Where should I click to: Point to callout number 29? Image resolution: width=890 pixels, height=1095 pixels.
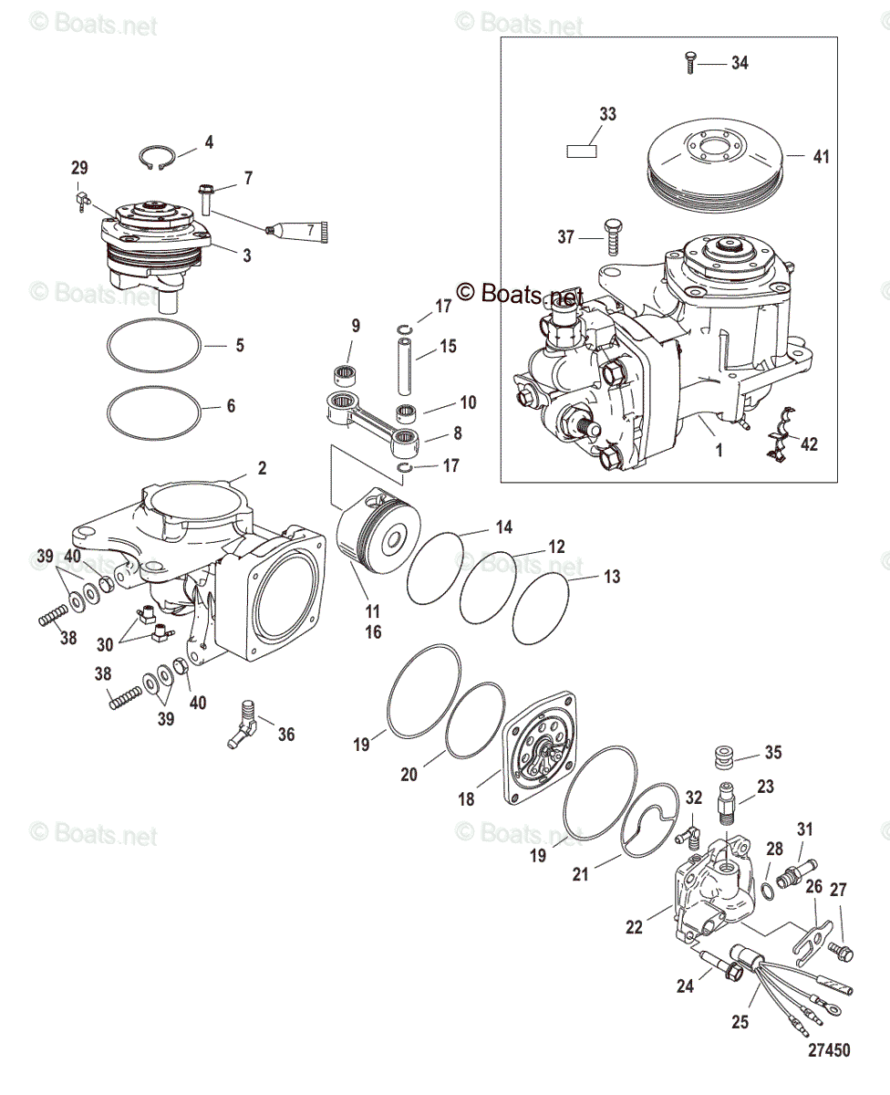80,168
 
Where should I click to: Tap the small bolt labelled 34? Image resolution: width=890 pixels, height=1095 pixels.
689,64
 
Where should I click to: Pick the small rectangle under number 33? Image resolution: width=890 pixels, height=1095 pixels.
582,151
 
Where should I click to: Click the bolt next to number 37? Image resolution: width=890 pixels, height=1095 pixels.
610,239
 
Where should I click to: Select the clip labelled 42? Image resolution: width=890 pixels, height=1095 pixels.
777,444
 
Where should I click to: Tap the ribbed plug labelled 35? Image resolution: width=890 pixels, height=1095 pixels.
723,761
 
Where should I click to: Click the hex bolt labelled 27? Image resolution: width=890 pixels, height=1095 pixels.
842,951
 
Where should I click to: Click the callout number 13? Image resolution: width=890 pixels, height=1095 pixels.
612,577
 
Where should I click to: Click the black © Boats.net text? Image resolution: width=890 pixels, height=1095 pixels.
519,293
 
